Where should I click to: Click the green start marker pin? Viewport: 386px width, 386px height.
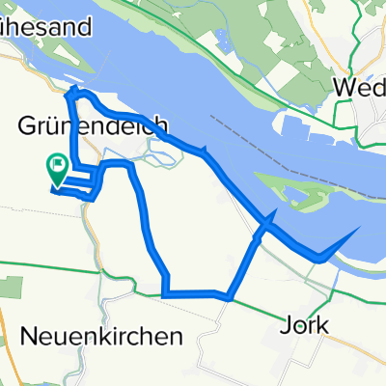[x=57, y=170]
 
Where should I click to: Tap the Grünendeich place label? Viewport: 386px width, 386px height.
[x=95, y=125]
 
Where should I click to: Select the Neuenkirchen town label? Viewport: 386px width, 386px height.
[x=101, y=337]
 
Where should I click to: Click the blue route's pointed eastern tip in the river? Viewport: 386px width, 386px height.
[x=361, y=229]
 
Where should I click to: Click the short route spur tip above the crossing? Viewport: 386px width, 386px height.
[x=278, y=211]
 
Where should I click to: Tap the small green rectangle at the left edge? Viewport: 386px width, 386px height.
[x=12, y=287]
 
